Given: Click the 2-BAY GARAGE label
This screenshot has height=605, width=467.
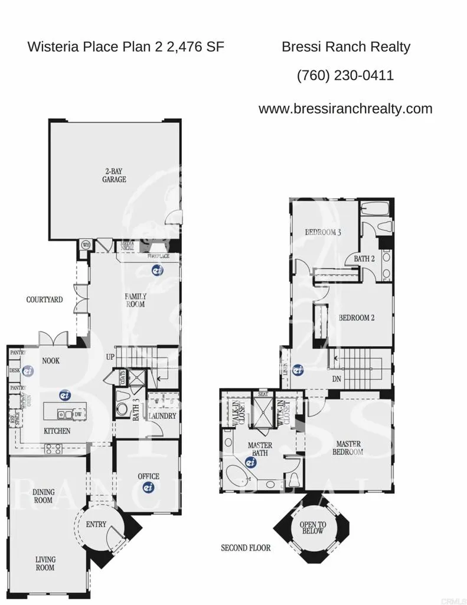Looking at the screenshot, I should (x=115, y=175).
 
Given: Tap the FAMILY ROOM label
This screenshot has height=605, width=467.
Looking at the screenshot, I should (x=135, y=300).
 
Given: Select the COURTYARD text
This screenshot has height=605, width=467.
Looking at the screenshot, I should (x=44, y=300).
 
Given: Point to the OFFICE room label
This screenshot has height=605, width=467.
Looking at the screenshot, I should (x=148, y=476).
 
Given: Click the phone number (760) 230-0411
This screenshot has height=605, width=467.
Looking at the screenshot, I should (x=345, y=76).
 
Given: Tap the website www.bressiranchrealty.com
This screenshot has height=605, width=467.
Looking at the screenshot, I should (x=345, y=109).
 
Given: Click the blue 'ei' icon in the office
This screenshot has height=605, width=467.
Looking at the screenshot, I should (x=148, y=487).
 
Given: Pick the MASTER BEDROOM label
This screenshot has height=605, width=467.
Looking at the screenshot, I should (x=350, y=447).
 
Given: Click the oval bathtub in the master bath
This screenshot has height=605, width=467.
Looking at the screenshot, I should (x=238, y=474).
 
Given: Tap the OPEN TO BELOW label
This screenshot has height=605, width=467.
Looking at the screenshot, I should (x=312, y=527).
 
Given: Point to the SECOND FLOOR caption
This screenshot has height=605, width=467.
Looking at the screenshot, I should (x=246, y=548).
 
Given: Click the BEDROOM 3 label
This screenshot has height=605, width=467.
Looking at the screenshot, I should (x=323, y=232).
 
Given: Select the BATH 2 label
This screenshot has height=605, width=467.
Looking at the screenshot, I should (x=364, y=258).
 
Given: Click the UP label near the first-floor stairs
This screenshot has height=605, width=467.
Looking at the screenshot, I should (x=110, y=357).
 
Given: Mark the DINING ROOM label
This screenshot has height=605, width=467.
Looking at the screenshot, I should (x=42, y=495).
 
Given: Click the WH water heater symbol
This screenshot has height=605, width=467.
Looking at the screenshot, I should (x=85, y=245).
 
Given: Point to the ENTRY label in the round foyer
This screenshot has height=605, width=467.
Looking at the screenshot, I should (x=96, y=524).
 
